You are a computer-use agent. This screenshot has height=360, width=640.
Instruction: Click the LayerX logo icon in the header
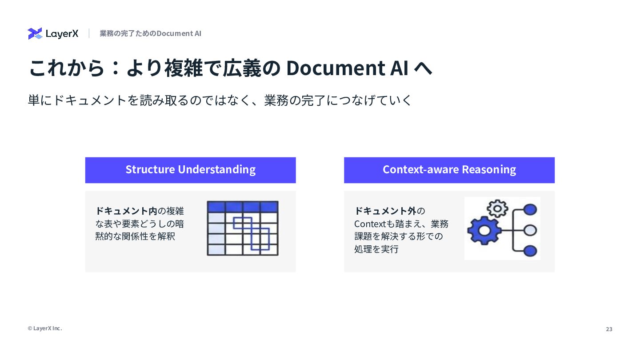(35, 33)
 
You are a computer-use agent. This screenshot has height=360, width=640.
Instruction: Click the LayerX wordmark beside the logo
(62, 34)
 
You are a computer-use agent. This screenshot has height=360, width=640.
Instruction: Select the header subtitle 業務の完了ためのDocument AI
(150, 33)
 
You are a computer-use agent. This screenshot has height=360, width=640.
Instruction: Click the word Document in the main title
(336, 68)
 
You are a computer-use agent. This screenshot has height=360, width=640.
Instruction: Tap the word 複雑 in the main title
(184, 68)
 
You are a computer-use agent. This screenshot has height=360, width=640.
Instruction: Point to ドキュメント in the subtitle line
(90, 100)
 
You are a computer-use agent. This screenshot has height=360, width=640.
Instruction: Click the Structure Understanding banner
(190, 170)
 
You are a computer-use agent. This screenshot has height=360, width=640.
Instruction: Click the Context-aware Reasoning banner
(449, 170)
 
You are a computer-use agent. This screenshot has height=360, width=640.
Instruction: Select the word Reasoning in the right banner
(489, 170)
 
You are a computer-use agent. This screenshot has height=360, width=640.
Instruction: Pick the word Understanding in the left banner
(216, 170)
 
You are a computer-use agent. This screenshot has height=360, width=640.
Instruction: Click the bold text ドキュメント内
(126, 211)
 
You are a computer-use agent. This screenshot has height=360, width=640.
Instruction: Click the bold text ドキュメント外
(385, 211)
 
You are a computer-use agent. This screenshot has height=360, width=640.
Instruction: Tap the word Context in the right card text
(370, 224)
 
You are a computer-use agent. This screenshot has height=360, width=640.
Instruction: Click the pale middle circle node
(530, 230)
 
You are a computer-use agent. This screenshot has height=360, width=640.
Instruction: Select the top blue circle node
(530, 210)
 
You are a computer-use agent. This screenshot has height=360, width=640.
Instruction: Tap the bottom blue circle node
(530, 251)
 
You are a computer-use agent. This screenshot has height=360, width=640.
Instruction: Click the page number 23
(609, 329)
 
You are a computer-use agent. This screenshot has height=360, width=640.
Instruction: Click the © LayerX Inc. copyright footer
(45, 328)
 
